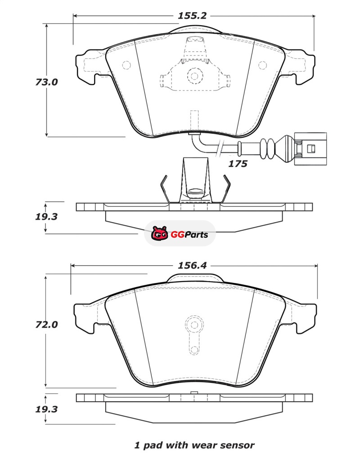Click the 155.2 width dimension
[192, 15]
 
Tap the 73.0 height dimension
[47, 82]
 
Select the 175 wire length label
[238, 164]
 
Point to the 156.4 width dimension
[192, 265]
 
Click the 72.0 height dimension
[47, 324]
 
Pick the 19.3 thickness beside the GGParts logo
[46, 216]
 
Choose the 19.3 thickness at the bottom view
[46, 409]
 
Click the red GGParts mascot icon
[159, 233]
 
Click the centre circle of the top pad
[194, 76]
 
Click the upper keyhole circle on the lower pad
[194, 325]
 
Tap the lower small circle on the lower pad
[194, 350]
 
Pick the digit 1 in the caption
[137, 445]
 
